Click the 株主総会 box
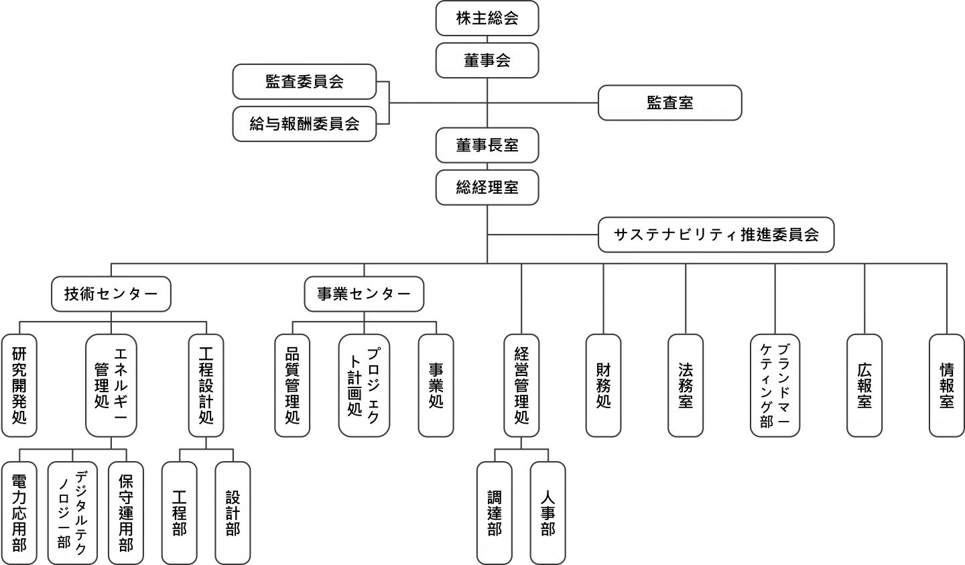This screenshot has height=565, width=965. point(487,18)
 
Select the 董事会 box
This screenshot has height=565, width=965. point(487,60)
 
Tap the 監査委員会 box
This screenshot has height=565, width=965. point(304,82)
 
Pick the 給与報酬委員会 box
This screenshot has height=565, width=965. point(304,123)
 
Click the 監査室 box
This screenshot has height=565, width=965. point(669,103)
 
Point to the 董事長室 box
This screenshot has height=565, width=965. point(487,145)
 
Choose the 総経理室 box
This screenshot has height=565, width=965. point(487,187)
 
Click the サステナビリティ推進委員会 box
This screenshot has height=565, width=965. point(716,235)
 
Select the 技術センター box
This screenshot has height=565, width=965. point(111,294)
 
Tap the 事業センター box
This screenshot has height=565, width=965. point(364,294)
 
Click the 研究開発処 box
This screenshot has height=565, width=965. point(19,385)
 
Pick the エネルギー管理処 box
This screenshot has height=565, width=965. point(111,385)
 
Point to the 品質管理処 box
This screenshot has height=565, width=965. point(292,385)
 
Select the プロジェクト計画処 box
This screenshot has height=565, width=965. point(364,385)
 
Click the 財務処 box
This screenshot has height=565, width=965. point(603,385)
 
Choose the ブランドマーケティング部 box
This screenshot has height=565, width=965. point(775,385)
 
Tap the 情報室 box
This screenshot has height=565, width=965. point(946,385)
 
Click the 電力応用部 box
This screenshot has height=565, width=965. point(19,513)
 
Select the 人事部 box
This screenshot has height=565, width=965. point(548,513)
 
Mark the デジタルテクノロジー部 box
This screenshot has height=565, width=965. point(72,513)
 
